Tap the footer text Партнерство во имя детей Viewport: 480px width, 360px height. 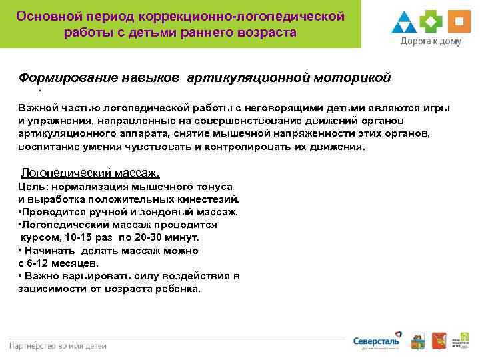[x=58, y=345]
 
